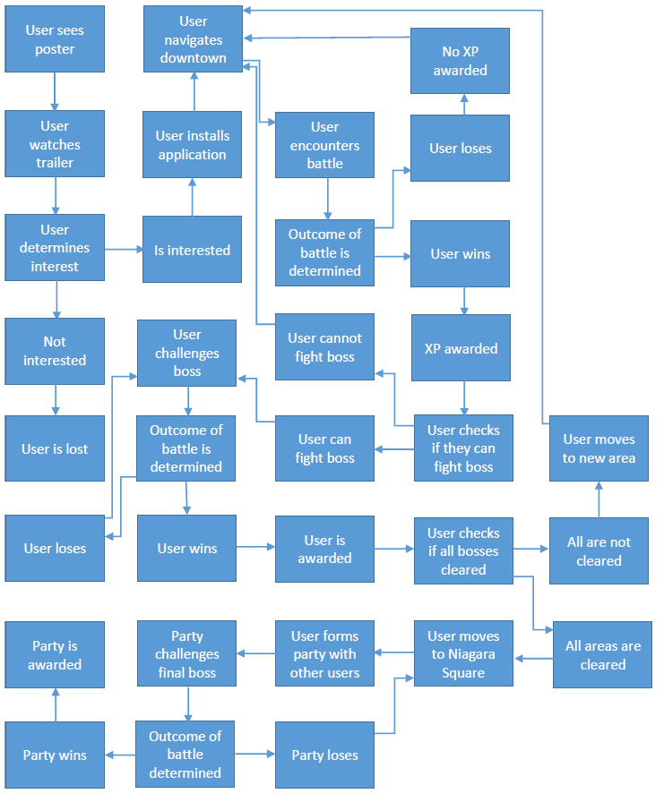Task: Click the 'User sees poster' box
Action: pyautogui.click(x=55, y=39)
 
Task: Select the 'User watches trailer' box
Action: pyautogui.click(x=55, y=144)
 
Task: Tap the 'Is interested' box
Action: pyautogui.click(x=192, y=250)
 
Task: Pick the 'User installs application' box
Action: pyautogui.click(x=192, y=145)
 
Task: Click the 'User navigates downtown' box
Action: pyautogui.click(x=192, y=39)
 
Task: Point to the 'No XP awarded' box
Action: pyautogui.click(x=460, y=61)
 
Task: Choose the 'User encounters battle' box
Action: pyautogui.click(x=324, y=145)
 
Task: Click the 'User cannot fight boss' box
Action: pyautogui.click(x=324, y=347)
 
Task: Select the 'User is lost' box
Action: pyautogui.click(x=55, y=448)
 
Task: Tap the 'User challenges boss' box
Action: pyautogui.click(x=186, y=353)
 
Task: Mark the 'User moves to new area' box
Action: pyautogui.click(x=599, y=448)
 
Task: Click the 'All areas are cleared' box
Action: pyautogui.click(x=602, y=655)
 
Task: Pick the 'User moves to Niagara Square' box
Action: pyautogui.click(x=463, y=654)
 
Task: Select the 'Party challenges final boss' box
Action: pyautogui.click(x=186, y=654)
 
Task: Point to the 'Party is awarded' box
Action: pyautogui.click(x=55, y=655)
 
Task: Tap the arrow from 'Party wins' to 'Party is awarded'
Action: pyautogui.click(x=55, y=705)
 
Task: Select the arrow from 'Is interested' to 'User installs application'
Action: pyautogui.click(x=192, y=196)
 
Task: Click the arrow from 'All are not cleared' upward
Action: pyautogui.click(x=599, y=499)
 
